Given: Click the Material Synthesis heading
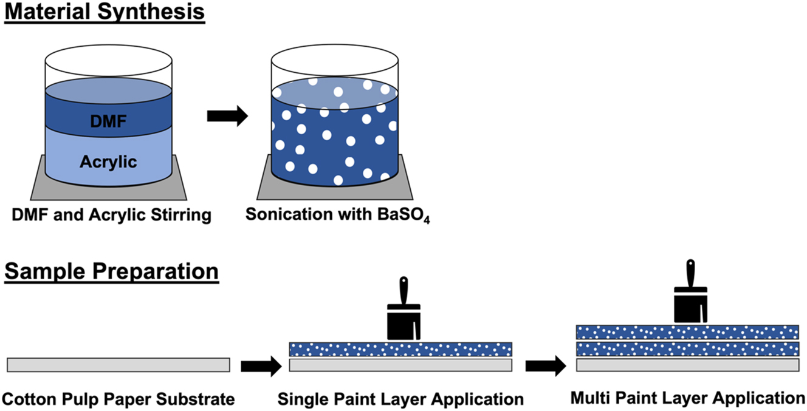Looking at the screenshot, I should coord(105,13).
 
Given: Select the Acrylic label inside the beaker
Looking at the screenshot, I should coord(108,161).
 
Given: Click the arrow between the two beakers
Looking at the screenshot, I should coord(227,116).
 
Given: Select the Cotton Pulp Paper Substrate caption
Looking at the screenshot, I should coord(118,399).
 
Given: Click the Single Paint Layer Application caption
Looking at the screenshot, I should coord(400,399).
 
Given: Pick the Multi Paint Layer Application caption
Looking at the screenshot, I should coord(687,398).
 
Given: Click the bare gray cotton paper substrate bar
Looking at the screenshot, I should coord(118,364).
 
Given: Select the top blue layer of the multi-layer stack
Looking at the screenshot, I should coord(687,331).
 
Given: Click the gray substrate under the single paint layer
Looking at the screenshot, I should coord(400,364).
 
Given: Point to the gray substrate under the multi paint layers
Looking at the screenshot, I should coord(687,365).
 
